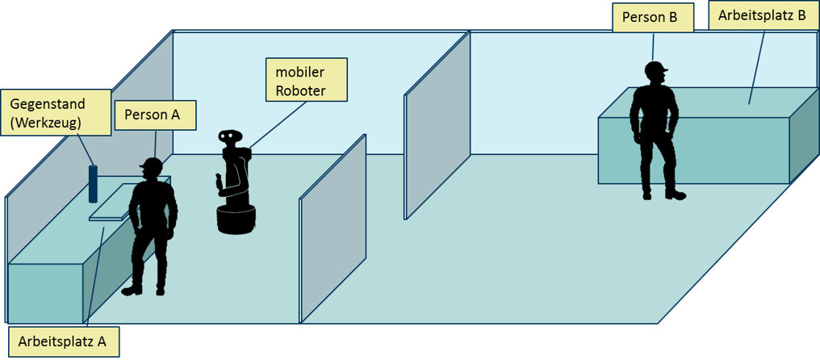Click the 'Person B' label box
click(652, 18)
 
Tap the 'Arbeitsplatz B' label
click(763, 15)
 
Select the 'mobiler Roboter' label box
click(306, 80)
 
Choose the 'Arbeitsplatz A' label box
click(64, 341)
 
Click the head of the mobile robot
click(231, 137)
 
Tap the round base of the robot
click(236, 220)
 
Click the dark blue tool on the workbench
click(93, 184)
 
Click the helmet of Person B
click(656, 69)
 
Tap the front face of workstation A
click(45, 291)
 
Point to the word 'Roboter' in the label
click(300, 90)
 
